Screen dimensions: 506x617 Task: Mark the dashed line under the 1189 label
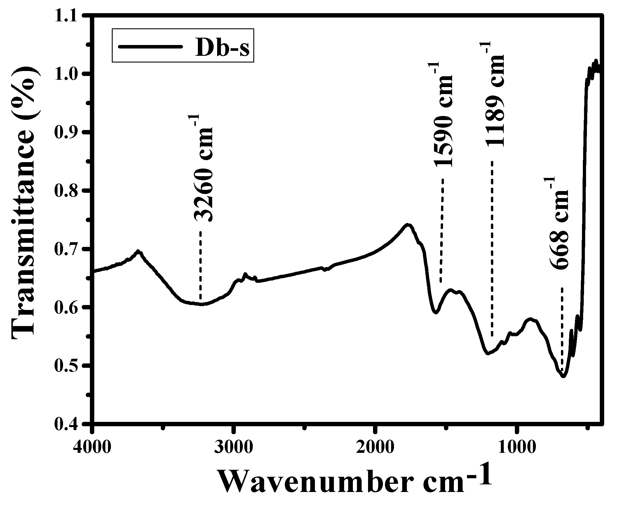[492, 248]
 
